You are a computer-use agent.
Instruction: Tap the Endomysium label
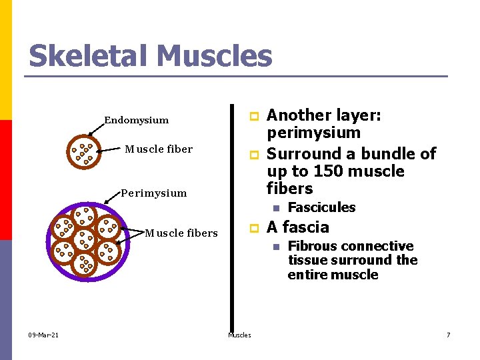click(x=136, y=121)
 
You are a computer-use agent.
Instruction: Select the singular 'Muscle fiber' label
click(x=159, y=149)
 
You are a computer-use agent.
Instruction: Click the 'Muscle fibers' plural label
click(x=181, y=233)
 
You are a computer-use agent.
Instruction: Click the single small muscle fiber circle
click(x=83, y=153)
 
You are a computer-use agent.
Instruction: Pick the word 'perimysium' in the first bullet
click(x=313, y=133)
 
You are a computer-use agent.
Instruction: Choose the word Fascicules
click(x=321, y=207)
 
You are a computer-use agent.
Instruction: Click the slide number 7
click(x=448, y=335)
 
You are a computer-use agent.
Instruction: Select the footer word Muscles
click(x=239, y=335)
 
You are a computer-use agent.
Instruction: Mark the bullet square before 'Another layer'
click(x=253, y=117)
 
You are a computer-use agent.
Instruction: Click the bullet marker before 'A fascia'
click(x=253, y=229)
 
